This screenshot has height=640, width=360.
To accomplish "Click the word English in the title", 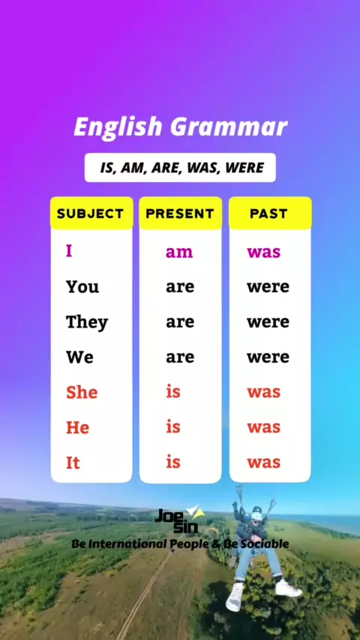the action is (118, 127).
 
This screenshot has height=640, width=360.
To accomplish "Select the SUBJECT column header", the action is (90, 214).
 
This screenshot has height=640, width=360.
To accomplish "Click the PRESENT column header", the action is (180, 214).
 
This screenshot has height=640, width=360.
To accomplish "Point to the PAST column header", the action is (269, 214).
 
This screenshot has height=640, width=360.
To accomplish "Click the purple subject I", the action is (69, 250).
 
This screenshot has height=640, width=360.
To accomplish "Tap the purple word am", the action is (179, 253).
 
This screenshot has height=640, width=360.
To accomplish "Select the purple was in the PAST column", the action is (263, 253).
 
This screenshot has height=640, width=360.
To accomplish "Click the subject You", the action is (82, 287).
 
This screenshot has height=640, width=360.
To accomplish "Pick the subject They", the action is (87, 323).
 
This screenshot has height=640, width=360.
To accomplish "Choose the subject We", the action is (79, 357).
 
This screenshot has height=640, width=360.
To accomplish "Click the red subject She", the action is (82, 392).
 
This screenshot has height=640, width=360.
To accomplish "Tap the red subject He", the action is (78, 428).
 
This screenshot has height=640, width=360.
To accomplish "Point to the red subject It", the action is (73, 463).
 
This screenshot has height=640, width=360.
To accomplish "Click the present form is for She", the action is (173, 392).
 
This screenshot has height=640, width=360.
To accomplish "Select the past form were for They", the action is (268, 322).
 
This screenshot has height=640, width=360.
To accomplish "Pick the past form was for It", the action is (263, 463).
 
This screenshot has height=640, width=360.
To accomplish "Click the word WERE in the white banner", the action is (244, 168).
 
